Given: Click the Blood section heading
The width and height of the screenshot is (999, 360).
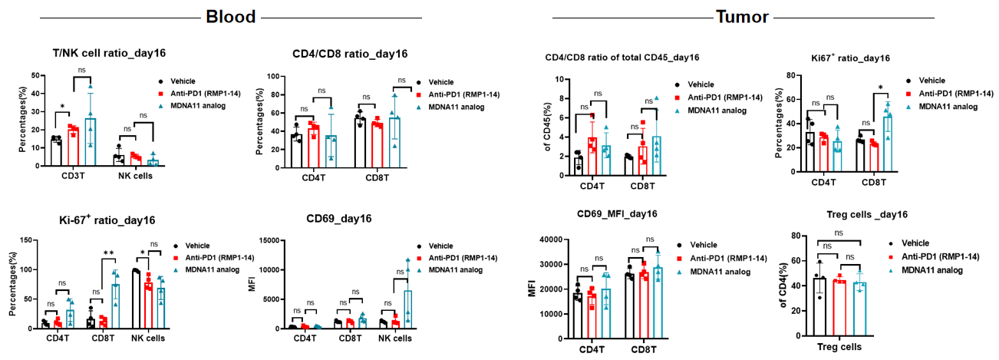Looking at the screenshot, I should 230,16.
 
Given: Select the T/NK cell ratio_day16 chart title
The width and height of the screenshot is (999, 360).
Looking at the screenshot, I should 94,54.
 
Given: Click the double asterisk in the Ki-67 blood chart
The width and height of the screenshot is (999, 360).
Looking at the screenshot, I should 109,253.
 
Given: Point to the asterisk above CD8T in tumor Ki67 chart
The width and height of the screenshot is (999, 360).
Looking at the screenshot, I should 880,88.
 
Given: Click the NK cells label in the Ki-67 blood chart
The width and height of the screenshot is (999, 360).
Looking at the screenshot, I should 147,337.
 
